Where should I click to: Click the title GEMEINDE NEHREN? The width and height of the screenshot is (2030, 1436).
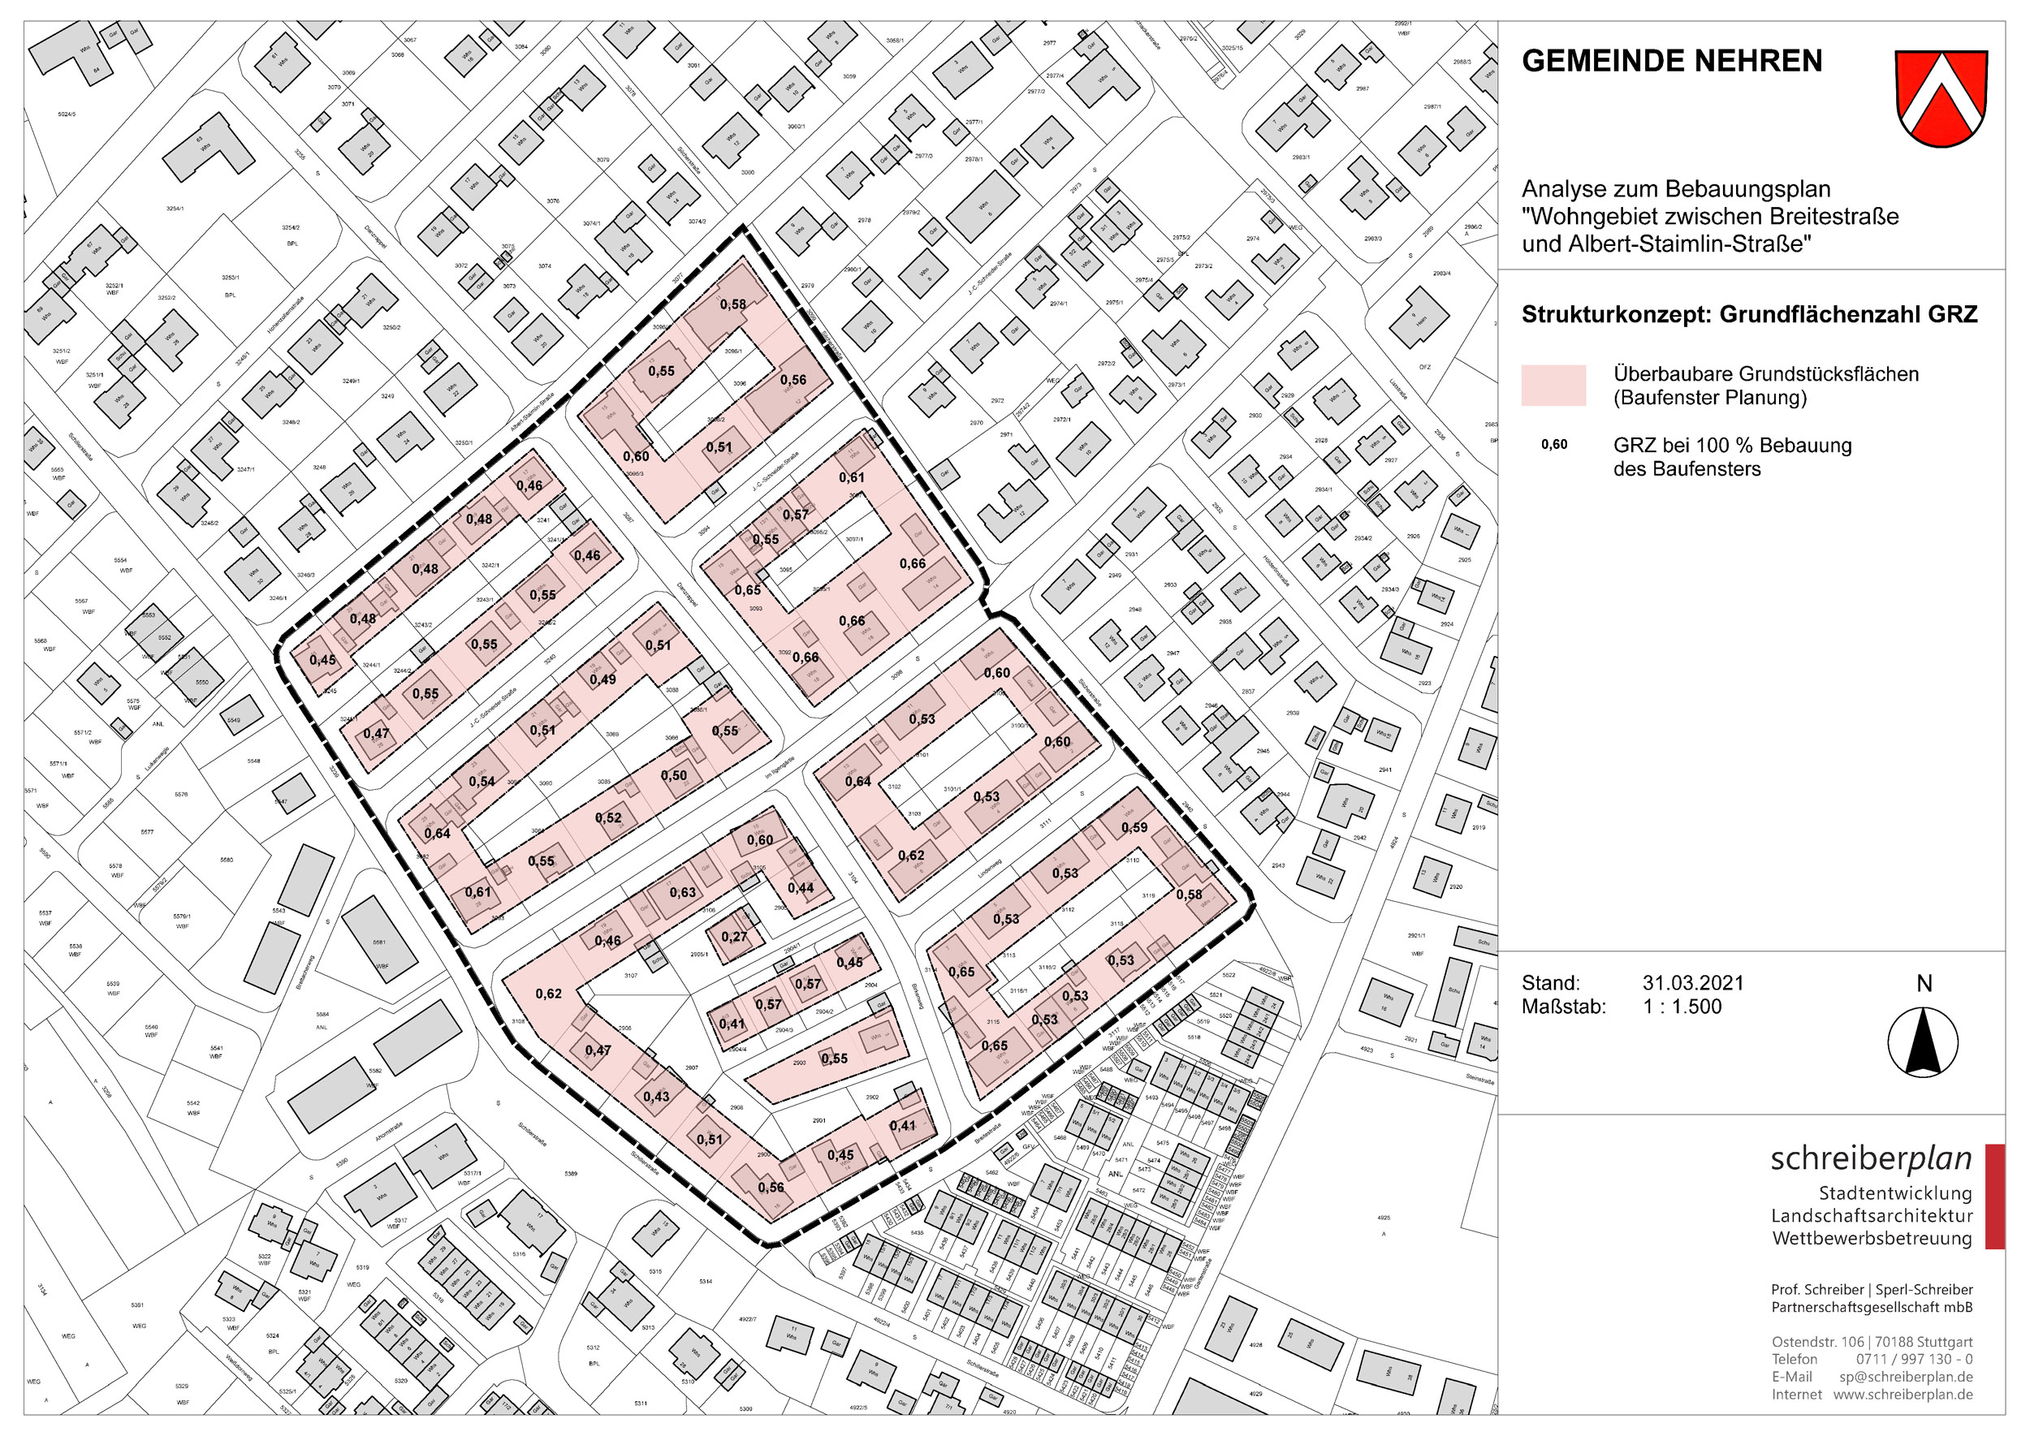[x=1671, y=61]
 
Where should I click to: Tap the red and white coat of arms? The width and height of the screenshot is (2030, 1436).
[x=1941, y=97]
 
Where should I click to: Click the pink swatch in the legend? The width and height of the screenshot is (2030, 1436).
[x=1553, y=386]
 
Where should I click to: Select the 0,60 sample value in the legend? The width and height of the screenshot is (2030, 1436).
[x=1554, y=445]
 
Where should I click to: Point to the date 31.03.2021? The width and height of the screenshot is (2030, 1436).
[x=1693, y=982]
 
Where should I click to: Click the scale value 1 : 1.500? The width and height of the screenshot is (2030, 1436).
[x=1682, y=1007]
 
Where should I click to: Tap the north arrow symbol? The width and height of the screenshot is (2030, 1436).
[x=1923, y=1041]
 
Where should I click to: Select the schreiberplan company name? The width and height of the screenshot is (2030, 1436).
[x=1871, y=1159]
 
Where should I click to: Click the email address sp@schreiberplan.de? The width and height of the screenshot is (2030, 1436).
[x=1906, y=1377]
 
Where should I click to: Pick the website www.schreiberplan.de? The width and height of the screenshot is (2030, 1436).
[x=1903, y=1395]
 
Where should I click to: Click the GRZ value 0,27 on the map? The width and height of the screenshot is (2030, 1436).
[x=734, y=938]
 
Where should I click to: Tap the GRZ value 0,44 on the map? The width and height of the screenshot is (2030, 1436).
[x=801, y=888]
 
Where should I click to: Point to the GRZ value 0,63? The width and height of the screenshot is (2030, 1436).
[x=682, y=892]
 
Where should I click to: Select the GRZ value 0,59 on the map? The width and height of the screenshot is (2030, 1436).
[x=1134, y=828]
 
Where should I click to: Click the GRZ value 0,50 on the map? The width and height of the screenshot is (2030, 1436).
[x=674, y=775]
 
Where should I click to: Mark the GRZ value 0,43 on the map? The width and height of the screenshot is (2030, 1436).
[x=656, y=1097]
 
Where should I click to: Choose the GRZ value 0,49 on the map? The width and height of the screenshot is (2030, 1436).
[x=603, y=679]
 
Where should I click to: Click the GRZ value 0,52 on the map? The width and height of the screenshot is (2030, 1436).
[x=608, y=818]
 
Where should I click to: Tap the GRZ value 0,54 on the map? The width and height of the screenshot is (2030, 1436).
[x=482, y=782]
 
